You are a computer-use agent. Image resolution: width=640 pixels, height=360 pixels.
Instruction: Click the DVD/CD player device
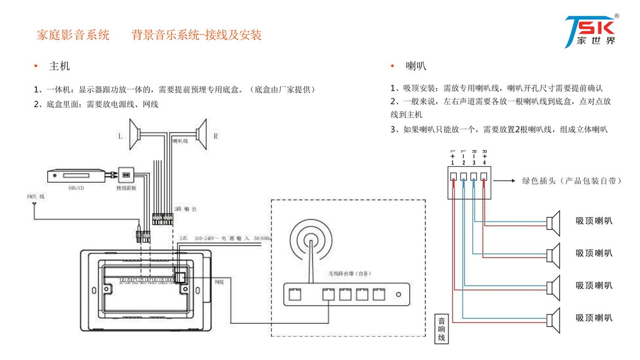pos(77,176)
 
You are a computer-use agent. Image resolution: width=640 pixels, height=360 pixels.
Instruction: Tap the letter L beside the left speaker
pos(120,136)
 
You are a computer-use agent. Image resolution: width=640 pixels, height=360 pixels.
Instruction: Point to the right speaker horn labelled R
pos(201,134)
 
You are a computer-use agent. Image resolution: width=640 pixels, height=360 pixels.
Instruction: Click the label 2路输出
pos(185,210)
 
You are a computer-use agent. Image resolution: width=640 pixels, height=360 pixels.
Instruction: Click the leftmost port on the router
pos(294,294)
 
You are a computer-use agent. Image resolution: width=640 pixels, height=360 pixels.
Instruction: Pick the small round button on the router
pos(398,295)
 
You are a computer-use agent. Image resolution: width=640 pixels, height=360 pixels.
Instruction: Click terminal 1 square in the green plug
pos(453,176)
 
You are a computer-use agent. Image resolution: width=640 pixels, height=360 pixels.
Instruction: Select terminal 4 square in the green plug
pos(484,176)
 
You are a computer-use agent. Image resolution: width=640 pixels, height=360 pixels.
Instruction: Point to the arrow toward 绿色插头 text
pos(504,181)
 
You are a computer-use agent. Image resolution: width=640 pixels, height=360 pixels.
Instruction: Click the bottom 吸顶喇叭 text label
pos(594,318)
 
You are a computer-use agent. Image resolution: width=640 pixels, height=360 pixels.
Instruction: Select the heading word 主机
pos(60,67)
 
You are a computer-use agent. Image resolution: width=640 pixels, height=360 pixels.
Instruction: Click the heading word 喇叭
pos(416,67)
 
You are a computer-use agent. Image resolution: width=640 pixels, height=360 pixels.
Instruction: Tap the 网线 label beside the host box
pos(219,282)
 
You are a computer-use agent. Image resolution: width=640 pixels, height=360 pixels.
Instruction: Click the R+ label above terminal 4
pos(484,156)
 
